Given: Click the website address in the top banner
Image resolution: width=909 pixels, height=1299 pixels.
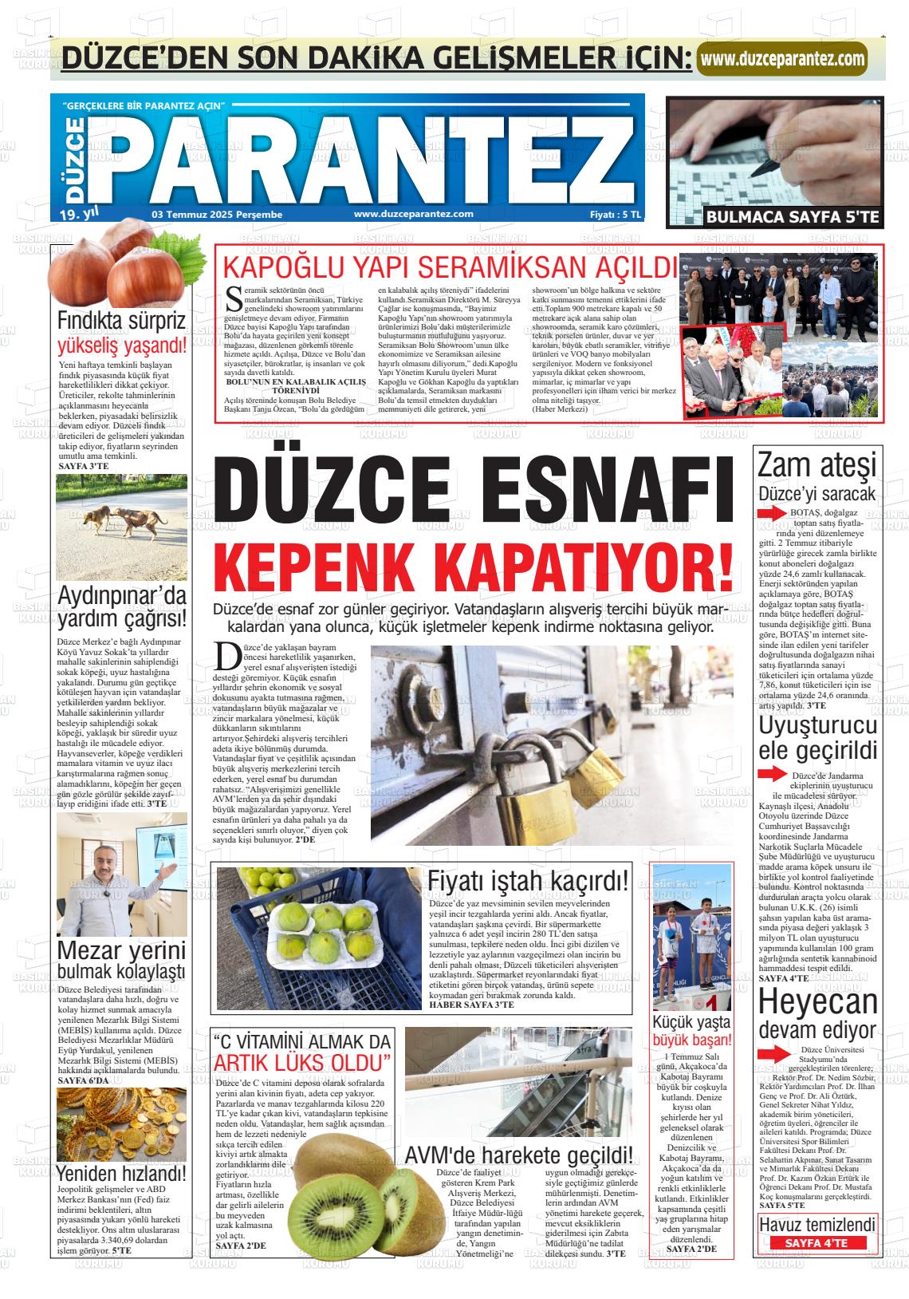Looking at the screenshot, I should point(781,59).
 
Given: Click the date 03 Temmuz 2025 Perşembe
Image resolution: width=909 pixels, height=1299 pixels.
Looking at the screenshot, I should point(217,214).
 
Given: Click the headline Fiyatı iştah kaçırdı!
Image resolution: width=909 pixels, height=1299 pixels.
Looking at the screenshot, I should point(528,881).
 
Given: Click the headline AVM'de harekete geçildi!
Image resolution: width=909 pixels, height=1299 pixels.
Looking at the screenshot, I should point(519,1155).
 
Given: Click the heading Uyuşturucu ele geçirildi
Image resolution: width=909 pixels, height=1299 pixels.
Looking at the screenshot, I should point(817,738).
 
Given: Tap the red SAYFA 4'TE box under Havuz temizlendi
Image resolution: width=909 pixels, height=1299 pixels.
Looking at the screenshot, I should point(817,1243).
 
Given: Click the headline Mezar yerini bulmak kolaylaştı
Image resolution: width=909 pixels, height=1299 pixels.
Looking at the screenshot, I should point(122,961).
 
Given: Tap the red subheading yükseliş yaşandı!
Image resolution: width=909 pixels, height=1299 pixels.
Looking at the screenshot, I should point(122,346).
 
